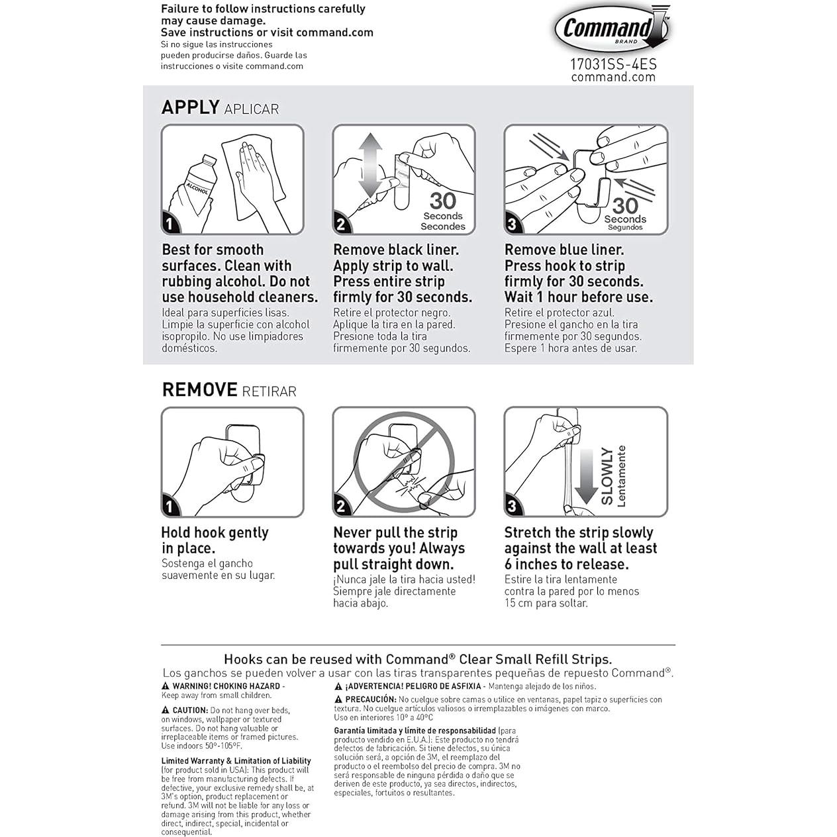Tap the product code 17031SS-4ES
click(x=613, y=64)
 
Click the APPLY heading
click(x=191, y=107)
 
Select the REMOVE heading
click(x=199, y=390)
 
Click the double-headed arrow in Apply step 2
click(x=371, y=166)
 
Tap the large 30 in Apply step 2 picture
click(x=442, y=200)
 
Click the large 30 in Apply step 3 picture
click(x=624, y=205)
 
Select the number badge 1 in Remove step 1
click(x=170, y=507)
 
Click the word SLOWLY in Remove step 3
click(x=607, y=475)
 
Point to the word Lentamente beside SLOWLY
click(x=621, y=475)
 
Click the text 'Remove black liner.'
click(x=395, y=250)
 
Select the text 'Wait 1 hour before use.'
click(x=578, y=297)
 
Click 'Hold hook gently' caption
click(x=215, y=532)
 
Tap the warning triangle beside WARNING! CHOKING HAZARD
click(x=166, y=687)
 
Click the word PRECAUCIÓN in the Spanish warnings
click(x=370, y=699)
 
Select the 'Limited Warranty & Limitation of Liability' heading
click(x=236, y=761)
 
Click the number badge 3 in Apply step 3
click(x=512, y=224)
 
